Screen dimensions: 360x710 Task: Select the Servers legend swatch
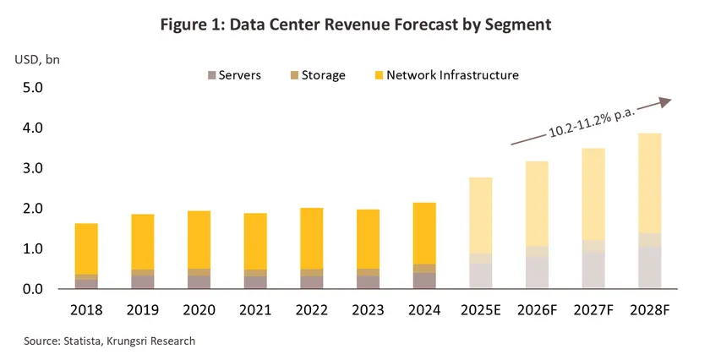(x=211, y=75)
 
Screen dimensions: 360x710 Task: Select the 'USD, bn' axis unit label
(x=37, y=59)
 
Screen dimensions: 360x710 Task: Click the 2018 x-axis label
(x=86, y=310)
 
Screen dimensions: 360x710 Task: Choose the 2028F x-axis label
(x=650, y=310)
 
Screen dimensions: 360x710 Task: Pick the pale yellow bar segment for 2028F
(x=650, y=183)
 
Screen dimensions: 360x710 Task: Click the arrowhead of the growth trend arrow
(x=665, y=101)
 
